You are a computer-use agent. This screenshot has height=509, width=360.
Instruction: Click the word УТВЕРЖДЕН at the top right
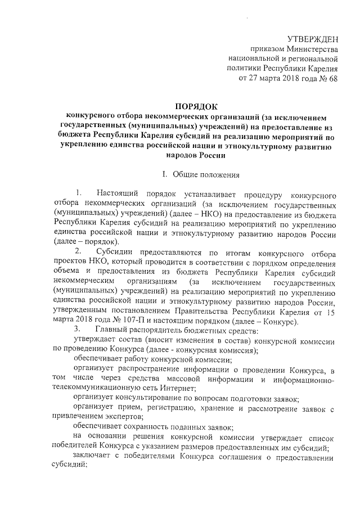click(x=312, y=39)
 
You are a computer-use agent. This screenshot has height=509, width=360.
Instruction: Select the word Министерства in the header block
click(x=306, y=49)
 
